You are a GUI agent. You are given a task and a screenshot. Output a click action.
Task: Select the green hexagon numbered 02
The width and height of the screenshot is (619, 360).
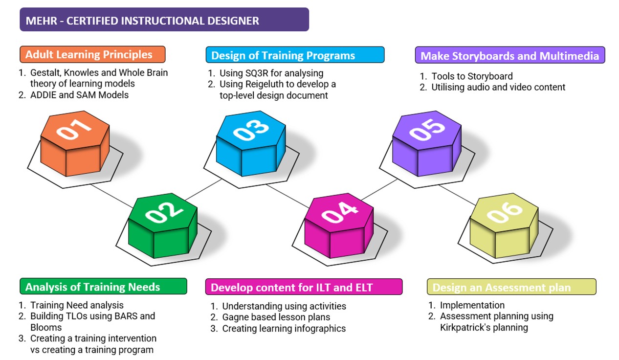click(x=163, y=225)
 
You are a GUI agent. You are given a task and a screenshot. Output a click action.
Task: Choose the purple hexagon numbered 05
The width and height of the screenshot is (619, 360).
click(x=427, y=142)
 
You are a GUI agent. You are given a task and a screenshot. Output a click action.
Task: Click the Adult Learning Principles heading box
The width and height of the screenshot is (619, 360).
click(x=92, y=54)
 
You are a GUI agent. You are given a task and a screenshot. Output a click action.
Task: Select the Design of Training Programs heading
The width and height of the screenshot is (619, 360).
click(x=294, y=55)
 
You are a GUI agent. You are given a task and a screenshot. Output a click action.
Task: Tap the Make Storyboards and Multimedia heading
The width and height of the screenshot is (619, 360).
click(x=509, y=55)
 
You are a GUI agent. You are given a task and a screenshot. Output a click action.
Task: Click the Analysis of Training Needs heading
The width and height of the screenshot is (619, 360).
click(x=103, y=287)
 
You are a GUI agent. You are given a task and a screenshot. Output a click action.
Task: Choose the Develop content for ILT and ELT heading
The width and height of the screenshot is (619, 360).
click(x=303, y=287)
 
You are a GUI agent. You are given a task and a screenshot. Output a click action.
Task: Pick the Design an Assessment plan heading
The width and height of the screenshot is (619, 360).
click(x=511, y=287)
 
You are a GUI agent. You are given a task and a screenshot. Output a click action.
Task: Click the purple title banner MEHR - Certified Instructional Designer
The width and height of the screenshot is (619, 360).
click(x=164, y=20)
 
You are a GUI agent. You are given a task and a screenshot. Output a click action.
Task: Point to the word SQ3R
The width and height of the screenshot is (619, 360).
click(x=259, y=73)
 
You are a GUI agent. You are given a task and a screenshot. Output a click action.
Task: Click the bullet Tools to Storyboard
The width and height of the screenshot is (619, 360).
click(x=472, y=76)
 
